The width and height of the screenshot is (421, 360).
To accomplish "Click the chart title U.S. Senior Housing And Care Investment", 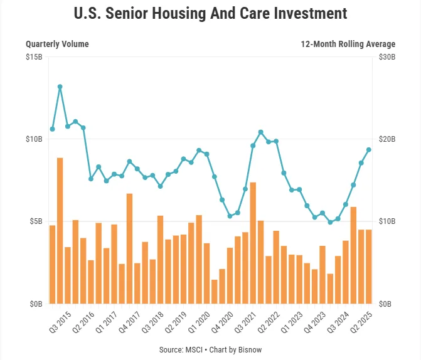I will (x=210, y=13).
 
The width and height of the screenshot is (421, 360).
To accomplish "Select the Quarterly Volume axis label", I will (x=57, y=44).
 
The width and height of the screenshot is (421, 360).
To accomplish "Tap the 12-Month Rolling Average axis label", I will (x=348, y=44).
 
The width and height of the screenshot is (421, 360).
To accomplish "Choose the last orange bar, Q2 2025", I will (x=369, y=267).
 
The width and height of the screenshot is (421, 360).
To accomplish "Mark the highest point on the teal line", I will (x=60, y=87).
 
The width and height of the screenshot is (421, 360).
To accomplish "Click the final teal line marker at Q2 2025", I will (x=369, y=149).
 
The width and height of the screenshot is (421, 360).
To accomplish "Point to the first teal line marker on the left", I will (x=52, y=129).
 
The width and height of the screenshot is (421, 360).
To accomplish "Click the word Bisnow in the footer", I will (x=249, y=349).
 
